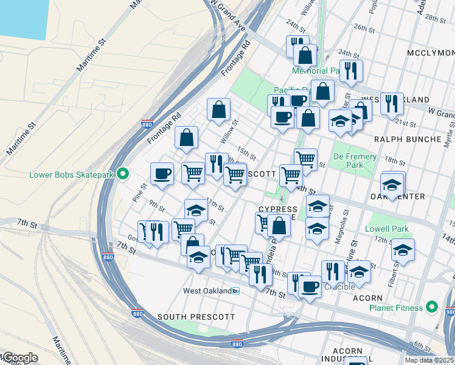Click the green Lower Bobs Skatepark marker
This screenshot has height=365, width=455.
[122, 175]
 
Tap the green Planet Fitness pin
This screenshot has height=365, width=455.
[432, 308]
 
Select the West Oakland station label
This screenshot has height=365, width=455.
[208, 291]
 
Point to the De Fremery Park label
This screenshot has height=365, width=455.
[355, 161]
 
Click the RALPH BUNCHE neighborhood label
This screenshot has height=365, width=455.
[408, 139]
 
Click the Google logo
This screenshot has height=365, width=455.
[19, 358]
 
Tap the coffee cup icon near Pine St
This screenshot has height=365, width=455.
[162, 173]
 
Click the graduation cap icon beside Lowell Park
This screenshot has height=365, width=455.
[403, 249]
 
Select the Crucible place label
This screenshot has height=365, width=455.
[339, 287]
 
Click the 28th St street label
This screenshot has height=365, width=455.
[436, 18]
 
